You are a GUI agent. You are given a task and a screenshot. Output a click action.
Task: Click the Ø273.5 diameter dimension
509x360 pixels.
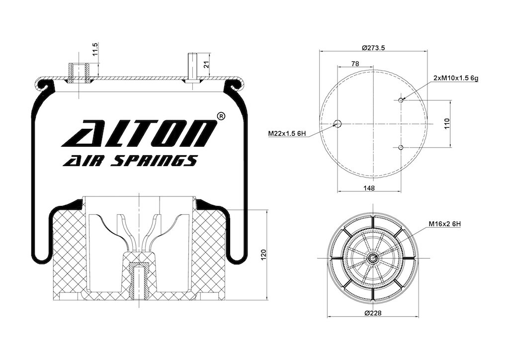[373, 48]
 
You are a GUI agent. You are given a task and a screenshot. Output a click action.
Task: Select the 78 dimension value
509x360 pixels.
[355, 64]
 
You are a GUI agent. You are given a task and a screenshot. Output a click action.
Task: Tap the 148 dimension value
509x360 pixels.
[369, 188]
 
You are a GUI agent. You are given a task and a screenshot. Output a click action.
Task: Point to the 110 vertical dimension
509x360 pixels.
[447, 124]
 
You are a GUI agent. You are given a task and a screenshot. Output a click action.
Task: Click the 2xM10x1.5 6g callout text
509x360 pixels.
[456, 78]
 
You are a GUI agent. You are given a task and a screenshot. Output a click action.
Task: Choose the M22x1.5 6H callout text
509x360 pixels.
[287, 133]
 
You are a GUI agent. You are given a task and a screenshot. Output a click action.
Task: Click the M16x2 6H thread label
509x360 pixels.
[445, 224]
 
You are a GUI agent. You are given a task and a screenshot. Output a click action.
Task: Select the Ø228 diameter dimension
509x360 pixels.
[373, 313]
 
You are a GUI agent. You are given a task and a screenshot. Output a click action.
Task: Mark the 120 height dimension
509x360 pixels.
[263, 254]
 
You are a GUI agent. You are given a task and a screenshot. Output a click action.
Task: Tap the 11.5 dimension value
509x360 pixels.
[95, 49]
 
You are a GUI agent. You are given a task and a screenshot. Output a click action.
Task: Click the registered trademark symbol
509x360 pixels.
[220, 116]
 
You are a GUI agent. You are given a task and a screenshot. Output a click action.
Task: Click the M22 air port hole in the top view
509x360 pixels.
[338, 124]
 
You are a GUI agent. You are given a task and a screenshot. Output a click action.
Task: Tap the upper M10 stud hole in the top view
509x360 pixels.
[401, 100]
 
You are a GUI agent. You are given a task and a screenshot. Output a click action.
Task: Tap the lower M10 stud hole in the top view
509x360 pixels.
[401, 148]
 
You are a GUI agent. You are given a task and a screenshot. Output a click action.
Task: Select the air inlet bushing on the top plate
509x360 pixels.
[79, 73]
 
